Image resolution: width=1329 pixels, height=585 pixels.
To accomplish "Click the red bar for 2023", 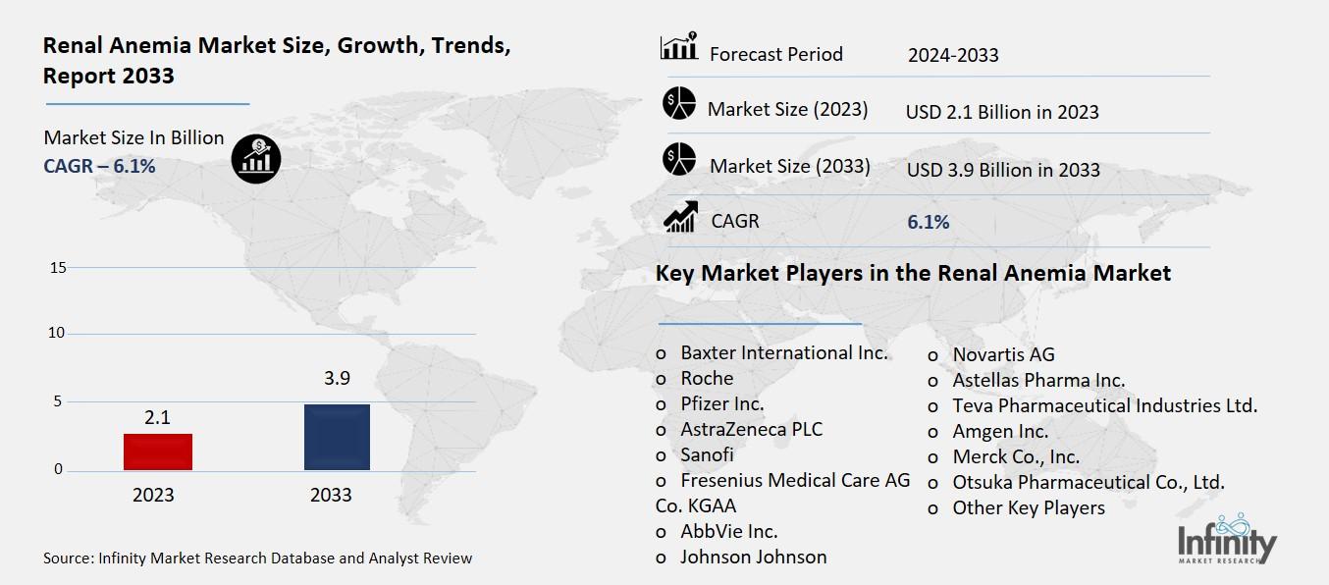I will (x=158, y=452).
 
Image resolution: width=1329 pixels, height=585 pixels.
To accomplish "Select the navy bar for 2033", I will (x=337, y=437).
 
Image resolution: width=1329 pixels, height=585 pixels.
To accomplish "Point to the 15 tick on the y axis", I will (x=57, y=268).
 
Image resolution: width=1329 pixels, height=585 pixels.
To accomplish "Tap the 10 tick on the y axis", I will (x=57, y=334).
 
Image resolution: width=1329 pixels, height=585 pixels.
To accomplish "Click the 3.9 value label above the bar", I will (x=337, y=379).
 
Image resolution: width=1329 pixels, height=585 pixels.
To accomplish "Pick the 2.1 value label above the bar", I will (x=157, y=417).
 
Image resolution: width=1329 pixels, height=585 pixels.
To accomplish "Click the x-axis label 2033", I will (x=331, y=495).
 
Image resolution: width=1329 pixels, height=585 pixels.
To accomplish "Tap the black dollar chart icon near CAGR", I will (x=256, y=157).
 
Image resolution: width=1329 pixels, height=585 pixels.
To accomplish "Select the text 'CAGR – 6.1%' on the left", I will (x=99, y=166).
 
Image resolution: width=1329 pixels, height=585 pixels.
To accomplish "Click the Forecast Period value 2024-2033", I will (x=952, y=55).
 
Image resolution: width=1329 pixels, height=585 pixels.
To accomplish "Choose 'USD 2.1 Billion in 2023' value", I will (x=1001, y=112).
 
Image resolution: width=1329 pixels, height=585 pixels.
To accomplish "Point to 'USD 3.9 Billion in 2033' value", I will (x=1002, y=170).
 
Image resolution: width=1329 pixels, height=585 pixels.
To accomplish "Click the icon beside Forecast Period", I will (x=678, y=47).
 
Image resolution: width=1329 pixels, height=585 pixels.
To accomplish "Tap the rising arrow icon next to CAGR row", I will (x=680, y=217).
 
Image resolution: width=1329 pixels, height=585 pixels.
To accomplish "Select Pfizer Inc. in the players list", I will (x=721, y=403).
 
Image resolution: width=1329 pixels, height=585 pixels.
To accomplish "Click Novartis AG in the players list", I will (x=1003, y=354).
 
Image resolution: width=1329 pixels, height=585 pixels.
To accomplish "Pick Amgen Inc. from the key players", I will (x=1000, y=431).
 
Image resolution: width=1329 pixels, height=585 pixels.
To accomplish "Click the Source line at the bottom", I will (x=257, y=558).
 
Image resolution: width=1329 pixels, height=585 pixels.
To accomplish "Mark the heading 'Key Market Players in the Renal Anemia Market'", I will (x=913, y=273).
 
